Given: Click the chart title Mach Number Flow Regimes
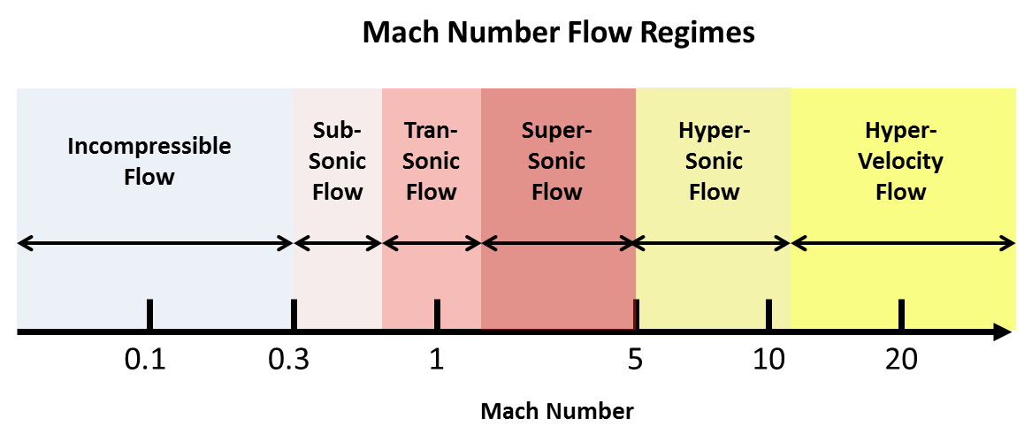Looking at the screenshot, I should tap(559, 34).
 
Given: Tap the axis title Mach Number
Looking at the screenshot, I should tap(557, 412).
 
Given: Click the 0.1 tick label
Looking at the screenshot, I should tap(146, 361).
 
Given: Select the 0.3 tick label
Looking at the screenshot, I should tap(288, 361).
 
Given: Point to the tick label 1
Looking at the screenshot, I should tap(436, 361).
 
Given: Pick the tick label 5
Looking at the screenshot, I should tap(634, 361).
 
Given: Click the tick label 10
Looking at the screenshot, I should tap(768, 361).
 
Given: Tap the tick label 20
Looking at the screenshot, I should tap(900, 361).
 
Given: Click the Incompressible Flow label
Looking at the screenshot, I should tap(149, 161).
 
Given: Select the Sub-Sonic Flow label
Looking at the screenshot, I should tap(337, 161).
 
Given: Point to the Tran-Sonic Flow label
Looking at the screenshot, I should tap(432, 161).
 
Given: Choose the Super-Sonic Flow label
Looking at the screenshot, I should tap(557, 161).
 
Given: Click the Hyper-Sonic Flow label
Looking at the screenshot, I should tap(714, 161).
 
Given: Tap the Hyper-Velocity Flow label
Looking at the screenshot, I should tap(901, 161).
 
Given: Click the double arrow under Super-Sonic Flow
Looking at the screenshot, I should tap(558, 242).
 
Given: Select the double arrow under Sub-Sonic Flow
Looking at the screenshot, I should tap(337, 242).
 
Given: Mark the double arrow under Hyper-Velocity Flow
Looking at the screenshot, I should tap(902, 242).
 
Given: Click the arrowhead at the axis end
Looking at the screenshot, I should tap(1003, 332).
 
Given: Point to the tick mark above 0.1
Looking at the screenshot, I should tap(149, 314).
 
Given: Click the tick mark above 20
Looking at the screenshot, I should tap(901, 314).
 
